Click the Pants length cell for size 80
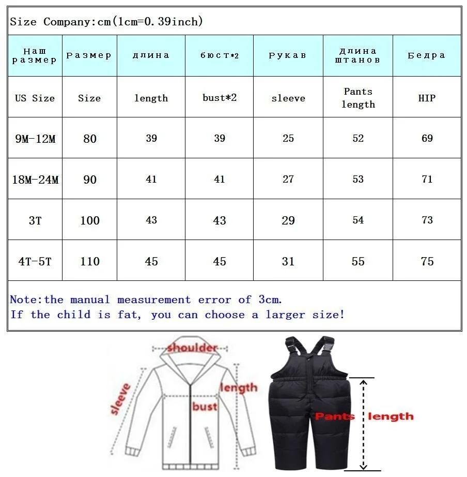358,138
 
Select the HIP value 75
427,261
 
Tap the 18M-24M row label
35,180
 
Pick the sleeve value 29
288,220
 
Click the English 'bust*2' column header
220,98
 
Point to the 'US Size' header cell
35,98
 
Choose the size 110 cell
90,261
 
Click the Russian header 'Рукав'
288,55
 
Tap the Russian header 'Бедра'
427,55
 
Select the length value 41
151,180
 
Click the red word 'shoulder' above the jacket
192,347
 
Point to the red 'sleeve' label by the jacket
122,398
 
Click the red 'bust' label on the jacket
205,406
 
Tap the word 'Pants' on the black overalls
335,416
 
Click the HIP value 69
427,138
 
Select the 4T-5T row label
35,261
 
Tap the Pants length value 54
358,220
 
